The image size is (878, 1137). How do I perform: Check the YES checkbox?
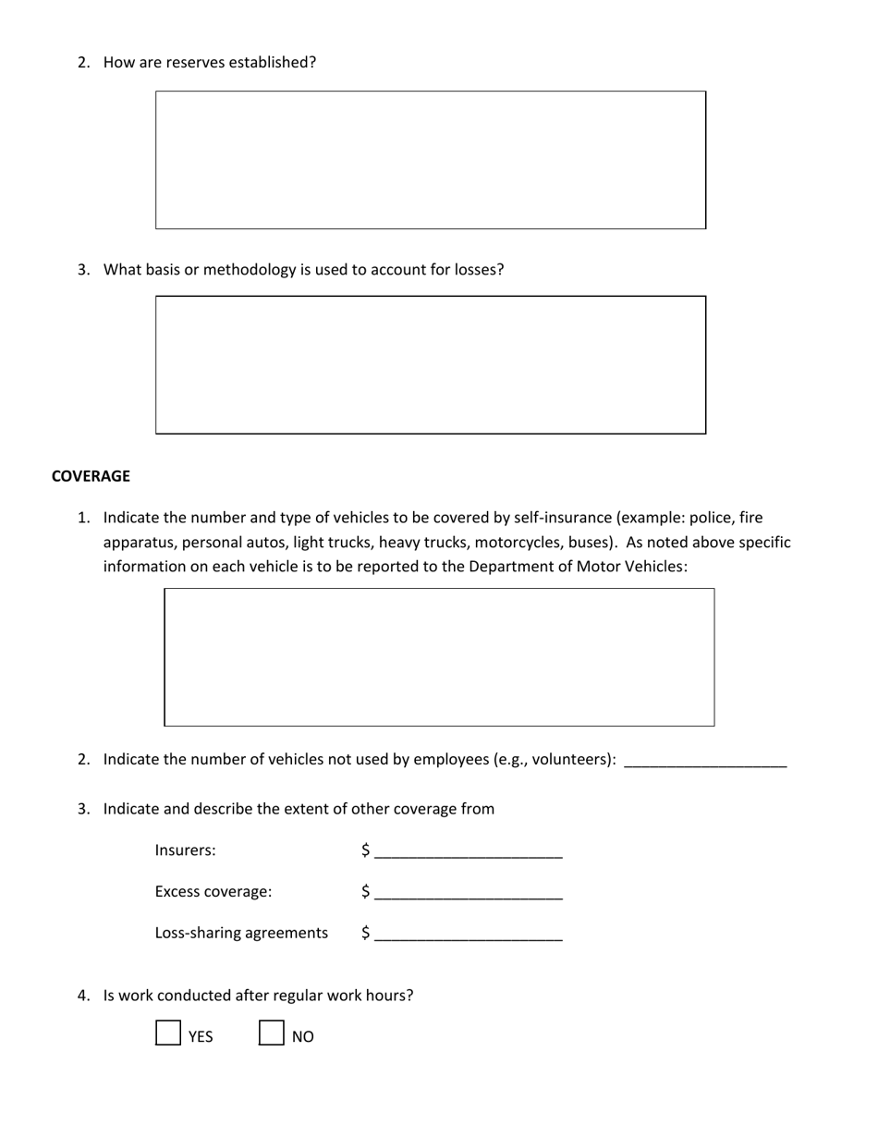click(x=167, y=1033)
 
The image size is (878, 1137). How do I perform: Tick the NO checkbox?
click(x=271, y=1033)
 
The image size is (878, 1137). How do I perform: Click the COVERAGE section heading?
click(x=91, y=476)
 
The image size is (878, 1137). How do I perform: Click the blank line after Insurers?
click(x=469, y=852)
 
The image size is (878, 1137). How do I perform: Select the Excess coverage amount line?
click(x=469, y=894)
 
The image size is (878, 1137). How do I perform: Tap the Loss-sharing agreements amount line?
click(x=469, y=935)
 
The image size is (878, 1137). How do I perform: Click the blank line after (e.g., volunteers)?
click(x=705, y=761)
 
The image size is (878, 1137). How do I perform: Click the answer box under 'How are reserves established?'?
click(x=431, y=160)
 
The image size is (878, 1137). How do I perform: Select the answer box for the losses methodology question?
click(x=431, y=365)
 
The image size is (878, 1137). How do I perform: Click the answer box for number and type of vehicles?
click(x=439, y=657)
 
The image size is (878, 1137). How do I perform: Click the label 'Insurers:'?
click(x=185, y=850)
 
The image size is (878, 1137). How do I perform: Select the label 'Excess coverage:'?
click(x=213, y=892)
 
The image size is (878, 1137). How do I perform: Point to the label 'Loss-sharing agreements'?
click(x=241, y=933)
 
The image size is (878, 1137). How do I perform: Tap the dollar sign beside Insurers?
click(x=366, y=850)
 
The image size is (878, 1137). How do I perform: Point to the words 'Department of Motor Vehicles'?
click(x=577, y=566)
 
